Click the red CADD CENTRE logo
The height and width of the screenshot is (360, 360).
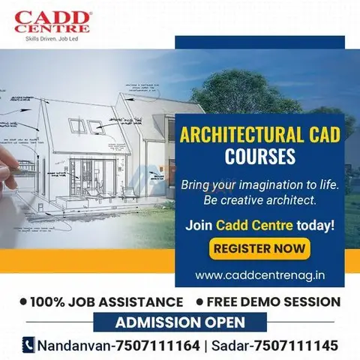coord(52,22)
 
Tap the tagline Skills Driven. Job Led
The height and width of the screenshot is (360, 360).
coord(52,39)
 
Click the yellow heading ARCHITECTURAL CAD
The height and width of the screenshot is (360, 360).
coord(260,135)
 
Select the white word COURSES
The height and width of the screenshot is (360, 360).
coord(260,156)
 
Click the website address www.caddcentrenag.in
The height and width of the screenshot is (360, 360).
coord(260,275)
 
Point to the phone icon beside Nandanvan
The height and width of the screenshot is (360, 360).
coord(28,345)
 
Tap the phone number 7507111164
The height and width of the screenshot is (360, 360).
coord(158,346)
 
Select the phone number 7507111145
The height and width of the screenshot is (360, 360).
coord(296,346)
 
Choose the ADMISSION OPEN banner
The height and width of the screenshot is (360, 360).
coord(180,322)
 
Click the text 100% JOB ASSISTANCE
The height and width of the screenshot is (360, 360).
coord(106,301)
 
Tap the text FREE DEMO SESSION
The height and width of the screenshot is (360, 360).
coord(274,301)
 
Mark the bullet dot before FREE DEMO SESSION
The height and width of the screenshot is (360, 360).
coord(199,301)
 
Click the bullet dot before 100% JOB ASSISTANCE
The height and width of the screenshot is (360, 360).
coord(23,301)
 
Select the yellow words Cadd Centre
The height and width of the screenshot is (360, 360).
coord(254,225)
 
